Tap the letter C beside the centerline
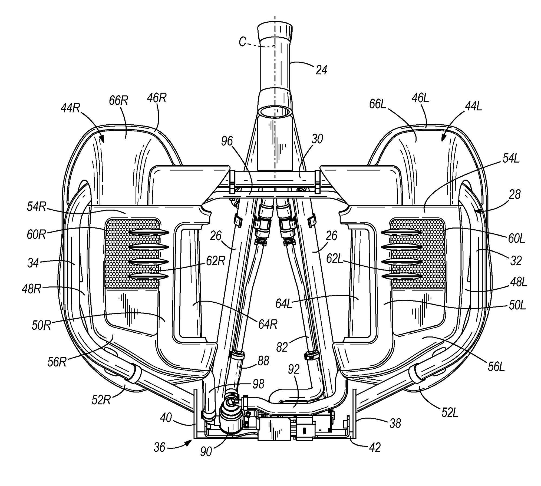click(243, 42)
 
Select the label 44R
click(70, 108)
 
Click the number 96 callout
click(227, 141)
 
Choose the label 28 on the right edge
click(514, 194)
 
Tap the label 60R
click(36, 234)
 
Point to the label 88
click(263, 361)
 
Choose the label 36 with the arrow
click(159, 447)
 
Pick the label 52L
click(450, 412)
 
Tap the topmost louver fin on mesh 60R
click(149, 232)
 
